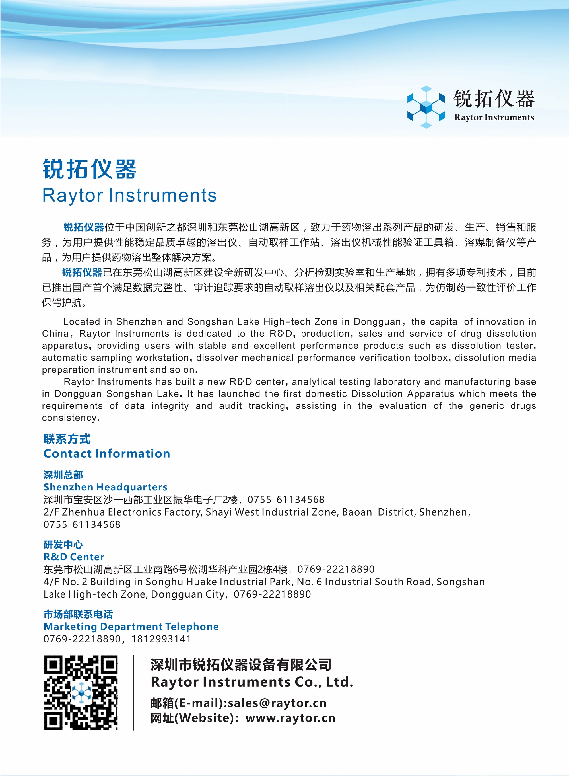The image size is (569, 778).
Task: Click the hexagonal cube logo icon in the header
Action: click(x=426, y=107)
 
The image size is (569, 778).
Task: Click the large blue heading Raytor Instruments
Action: click(x=129, y=195)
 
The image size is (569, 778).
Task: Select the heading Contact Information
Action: click(x=107, y=453)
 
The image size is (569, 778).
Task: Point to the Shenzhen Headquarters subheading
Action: click(x=105, y=487)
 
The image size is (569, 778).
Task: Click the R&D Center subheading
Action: click(x=74, y=557)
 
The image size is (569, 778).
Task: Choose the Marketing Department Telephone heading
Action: click(x=131, y=626)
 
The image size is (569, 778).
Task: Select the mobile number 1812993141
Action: click(x=161, y=639)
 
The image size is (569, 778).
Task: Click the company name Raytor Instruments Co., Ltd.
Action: click(x=252, y=682)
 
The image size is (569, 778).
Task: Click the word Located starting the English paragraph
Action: click(x=81, y=321)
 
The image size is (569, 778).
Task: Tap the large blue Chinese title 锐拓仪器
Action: click(x=90, y=169)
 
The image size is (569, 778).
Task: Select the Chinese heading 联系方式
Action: click(x=67, y=439)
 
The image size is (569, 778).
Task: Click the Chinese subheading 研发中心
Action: click(x=63, y=544)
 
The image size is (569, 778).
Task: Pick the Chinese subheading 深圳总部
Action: click(x=63, y=475)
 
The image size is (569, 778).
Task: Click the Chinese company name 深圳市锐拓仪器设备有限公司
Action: click(x=241, y=665)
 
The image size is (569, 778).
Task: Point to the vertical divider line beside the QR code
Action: click(x=133, y=693)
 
